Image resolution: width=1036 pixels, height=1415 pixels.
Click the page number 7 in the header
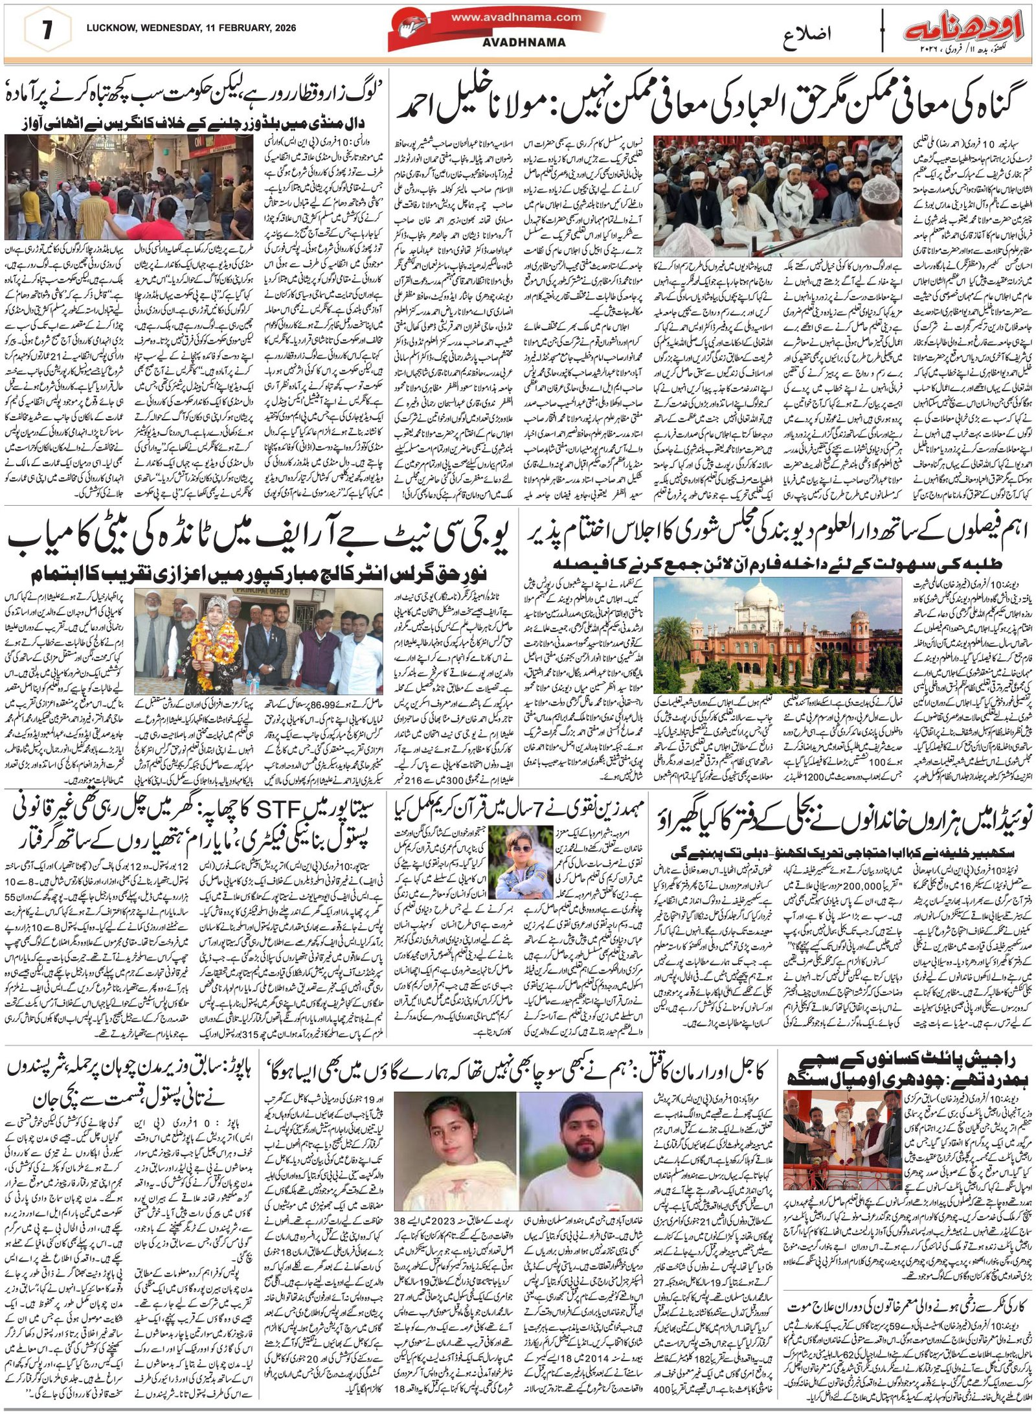[x=47, y=30]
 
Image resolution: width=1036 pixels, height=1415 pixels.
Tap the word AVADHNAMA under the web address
[x=534, y=42]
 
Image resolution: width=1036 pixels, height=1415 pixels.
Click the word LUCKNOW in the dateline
[x=108, y=27]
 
